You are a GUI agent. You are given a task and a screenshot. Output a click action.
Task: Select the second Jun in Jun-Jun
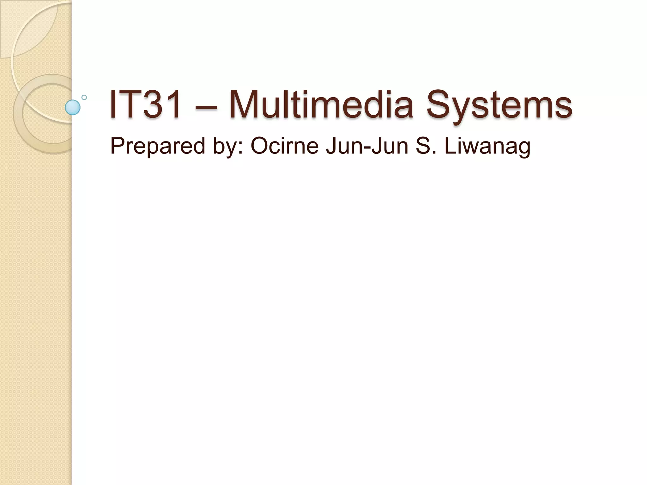pos(390,146)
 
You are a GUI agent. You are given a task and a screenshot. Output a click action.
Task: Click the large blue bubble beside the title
pos(73,107)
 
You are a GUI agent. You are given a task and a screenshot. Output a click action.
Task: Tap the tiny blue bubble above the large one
pos(84,97)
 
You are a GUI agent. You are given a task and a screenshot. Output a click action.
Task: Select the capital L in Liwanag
pos(450,146)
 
